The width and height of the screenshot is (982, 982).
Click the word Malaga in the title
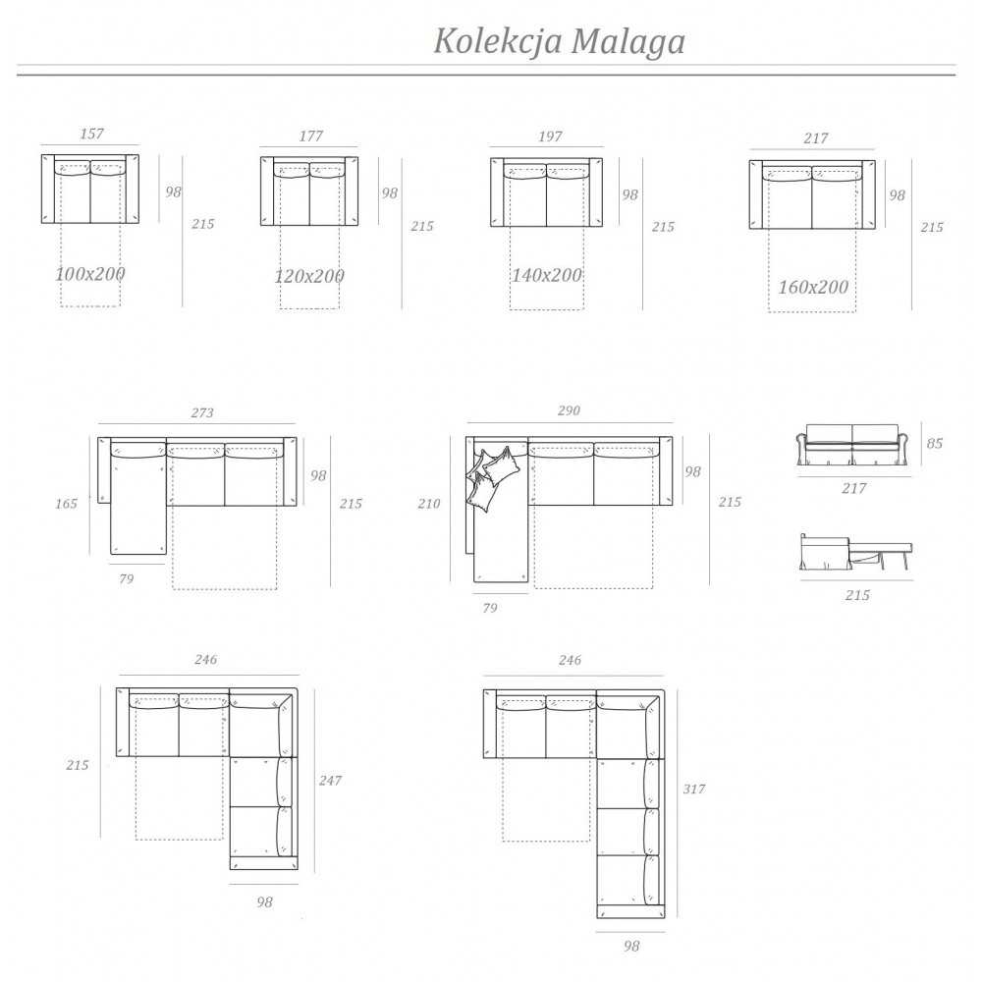627,42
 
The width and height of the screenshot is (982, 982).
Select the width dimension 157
91,135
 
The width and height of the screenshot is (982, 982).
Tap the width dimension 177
310,136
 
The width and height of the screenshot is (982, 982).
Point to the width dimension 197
550,136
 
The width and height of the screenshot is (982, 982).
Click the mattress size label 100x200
90,274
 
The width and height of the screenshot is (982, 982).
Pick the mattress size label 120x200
309,277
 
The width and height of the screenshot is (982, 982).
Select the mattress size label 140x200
547,275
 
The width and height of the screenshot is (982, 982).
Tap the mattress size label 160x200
813,288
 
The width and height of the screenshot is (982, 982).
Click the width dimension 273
201,413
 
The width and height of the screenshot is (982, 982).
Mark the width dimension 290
569,410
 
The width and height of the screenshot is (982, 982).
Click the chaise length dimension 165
66,505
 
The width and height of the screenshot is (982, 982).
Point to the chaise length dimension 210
429,504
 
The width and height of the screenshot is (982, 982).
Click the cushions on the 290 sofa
492,476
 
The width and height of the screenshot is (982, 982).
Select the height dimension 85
934,444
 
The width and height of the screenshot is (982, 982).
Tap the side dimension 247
330,781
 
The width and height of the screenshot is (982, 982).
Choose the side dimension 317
693,789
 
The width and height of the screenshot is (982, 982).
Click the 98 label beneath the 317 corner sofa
631,947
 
